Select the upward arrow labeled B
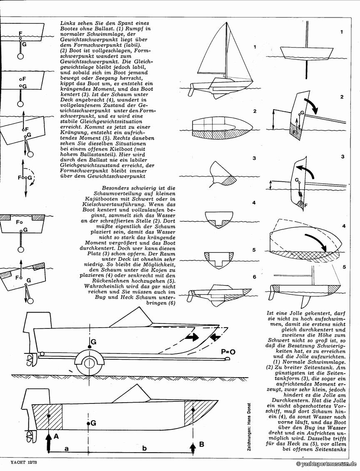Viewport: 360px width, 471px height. click(192, 449)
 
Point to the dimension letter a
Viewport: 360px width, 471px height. click(66, 448)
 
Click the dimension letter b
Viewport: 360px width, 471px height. click(145, 448)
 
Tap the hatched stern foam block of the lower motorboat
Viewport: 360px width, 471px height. click(47, 417)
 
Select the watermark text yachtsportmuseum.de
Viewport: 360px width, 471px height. click(327, 463)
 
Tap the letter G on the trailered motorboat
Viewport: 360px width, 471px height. click(93, 342)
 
